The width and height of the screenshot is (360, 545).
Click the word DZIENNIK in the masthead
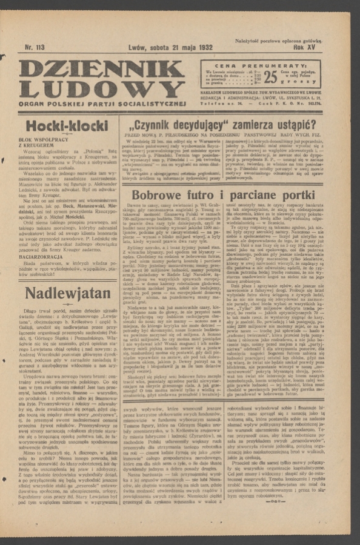pyautogui.click(x=102, y=69)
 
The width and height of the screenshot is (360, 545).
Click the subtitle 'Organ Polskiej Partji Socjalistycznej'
pyautogui.click(x=102, y=103)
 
